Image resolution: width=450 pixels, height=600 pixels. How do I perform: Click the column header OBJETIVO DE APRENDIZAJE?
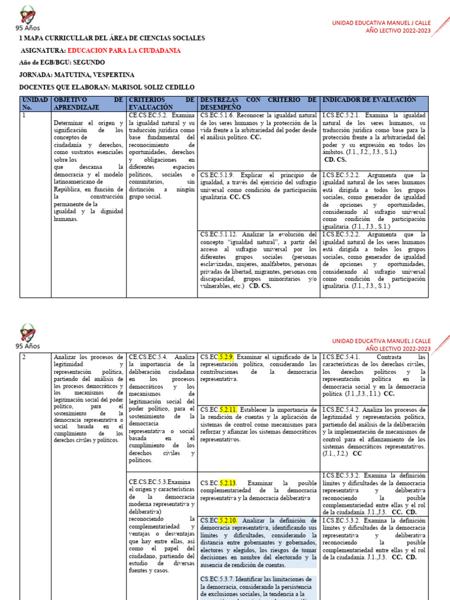(88, 104)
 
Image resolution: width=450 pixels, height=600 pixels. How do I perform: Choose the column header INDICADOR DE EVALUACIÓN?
(370, 100)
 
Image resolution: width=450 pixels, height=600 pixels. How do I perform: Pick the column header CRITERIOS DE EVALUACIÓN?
(161, 104)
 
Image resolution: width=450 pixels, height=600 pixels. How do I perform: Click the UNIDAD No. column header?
(34, 104)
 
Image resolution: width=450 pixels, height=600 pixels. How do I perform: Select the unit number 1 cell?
(24, 115)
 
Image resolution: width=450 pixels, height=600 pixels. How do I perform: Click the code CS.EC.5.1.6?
(219, 115)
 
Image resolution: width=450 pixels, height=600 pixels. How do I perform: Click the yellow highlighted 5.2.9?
(226, 357)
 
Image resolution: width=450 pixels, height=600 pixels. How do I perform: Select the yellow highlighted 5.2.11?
(228, 409)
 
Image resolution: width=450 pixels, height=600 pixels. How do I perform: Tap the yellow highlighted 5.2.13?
(228, 483)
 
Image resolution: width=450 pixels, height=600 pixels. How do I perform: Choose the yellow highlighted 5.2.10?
(228, 520)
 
